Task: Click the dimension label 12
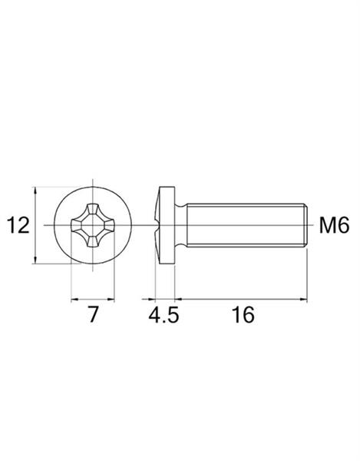(x=18, y=225)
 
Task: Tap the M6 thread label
(x=335, y=225)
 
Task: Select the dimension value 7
(x=93, y=314)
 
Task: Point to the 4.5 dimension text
(x=163, y=315)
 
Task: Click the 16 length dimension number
(x=243, y=314)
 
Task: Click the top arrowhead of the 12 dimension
(x=35, y=191)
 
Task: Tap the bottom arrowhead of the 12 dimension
(x=35, y=260)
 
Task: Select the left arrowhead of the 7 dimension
(x=74, y=300)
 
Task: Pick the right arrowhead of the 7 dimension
(x=111, y=300)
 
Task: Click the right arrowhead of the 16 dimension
(x=303, y=300)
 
